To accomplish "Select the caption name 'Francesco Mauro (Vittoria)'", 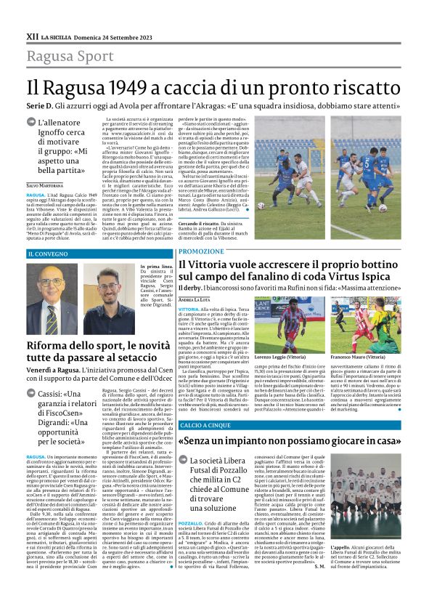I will (x=356, y=357).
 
